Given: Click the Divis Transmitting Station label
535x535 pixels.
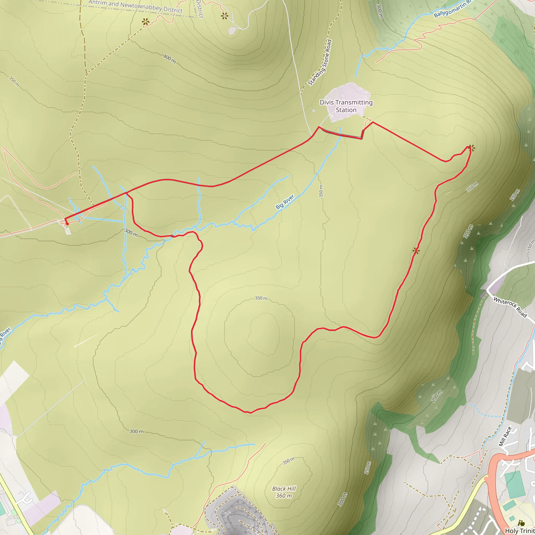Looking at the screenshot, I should [x=346, y=106].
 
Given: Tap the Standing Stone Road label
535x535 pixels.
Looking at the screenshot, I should [x=320, y=63].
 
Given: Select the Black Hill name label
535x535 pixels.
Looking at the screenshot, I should [x=284, y=489].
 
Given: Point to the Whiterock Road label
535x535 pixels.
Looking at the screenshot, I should [x=510, y=307].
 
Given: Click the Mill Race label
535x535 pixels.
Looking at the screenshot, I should [x=505, y=437].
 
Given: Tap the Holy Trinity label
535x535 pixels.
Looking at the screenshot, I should [x=520, y=531].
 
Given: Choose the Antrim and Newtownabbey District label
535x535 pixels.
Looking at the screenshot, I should [x=135, y=6].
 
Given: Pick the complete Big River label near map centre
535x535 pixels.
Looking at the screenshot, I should [x=285, y=202].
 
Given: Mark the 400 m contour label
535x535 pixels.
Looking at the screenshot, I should [x=169, y=59].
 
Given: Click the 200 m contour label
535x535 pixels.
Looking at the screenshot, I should [x=437, y=396].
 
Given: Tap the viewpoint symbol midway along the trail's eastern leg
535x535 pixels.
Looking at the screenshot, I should [x=416, y=251].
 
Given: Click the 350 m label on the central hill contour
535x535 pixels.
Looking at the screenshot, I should [x=261, y=298].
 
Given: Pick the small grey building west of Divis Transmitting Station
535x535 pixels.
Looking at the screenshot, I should [x=313, y=111].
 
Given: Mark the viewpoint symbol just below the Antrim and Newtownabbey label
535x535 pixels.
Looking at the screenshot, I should [x=146, y=22].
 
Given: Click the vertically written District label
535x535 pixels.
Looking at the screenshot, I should [x=200, y=9].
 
